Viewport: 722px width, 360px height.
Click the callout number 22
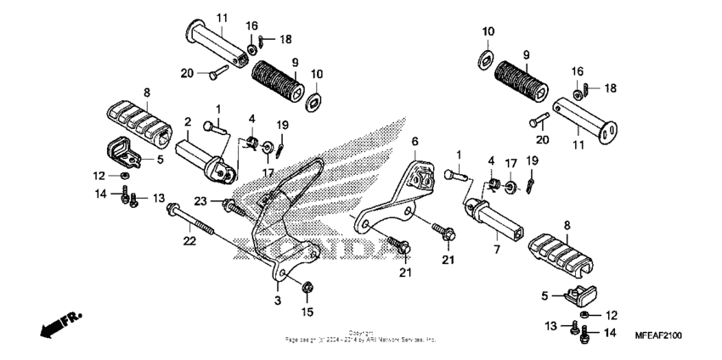click(x=189, y=241)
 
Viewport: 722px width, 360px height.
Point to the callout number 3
click(x=278, y=300)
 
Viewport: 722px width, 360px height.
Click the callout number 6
click(x=415, y=141)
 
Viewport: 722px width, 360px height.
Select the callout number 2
click(x=187, y=121)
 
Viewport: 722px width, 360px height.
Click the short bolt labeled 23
click(x=229, y=204)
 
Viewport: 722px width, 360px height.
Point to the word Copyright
click(x=361, y=333)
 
